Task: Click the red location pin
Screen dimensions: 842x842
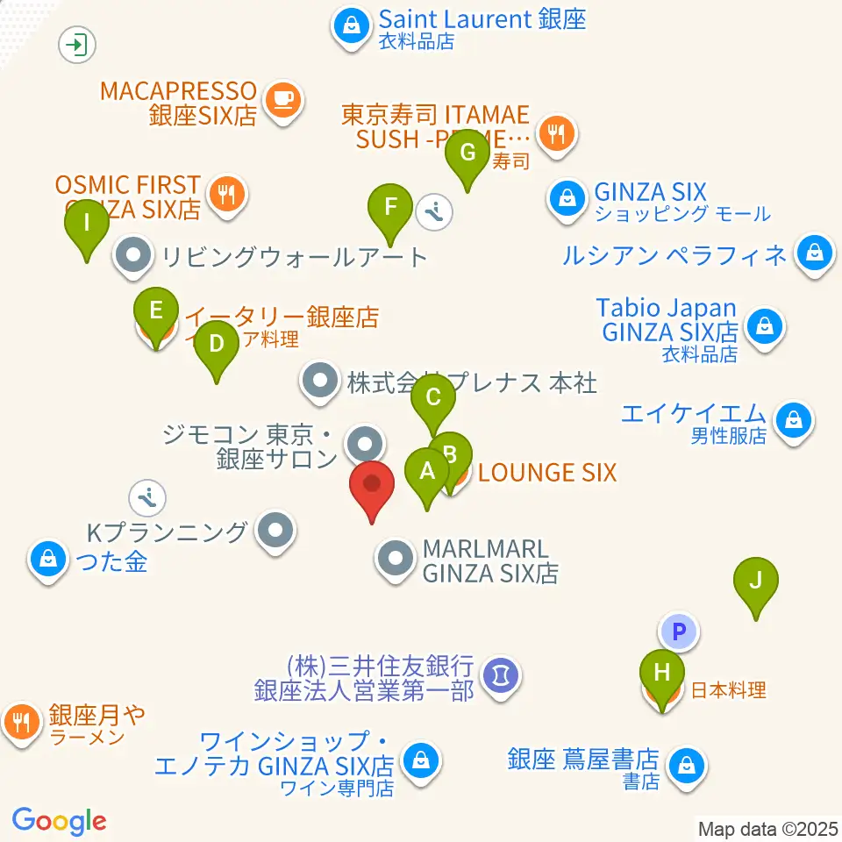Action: [372, 484]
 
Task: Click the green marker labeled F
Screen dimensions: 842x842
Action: [391, 209]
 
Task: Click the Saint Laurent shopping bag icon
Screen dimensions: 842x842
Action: [352, 27]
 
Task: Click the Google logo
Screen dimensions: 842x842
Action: [59, 821]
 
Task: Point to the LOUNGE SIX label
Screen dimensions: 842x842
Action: [547, 473]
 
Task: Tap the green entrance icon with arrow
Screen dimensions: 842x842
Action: [78, 44]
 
